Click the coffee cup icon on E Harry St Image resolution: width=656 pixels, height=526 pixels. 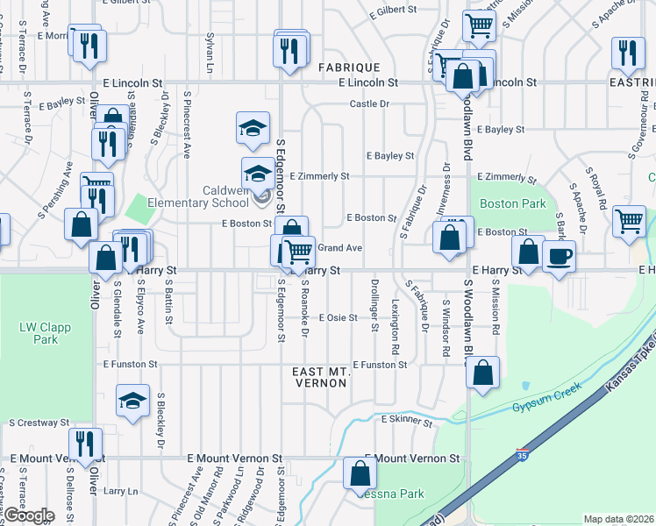(560, 257)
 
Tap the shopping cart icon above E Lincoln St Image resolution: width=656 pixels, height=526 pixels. (480, 26)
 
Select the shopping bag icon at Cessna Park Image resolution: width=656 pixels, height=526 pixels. (360, 474)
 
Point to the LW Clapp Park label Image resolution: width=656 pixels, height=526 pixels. (45, 333)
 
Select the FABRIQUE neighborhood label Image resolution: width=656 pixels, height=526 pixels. (348, 67)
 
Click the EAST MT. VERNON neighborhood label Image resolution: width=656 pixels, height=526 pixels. (321, 378)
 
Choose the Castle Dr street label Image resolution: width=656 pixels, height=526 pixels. (369, 103)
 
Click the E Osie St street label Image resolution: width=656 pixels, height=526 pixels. (338, 317)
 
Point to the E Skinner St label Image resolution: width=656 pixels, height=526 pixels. (407, 420)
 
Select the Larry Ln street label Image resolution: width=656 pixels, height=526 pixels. (120, 492)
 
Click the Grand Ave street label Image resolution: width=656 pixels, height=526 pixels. (339, 248)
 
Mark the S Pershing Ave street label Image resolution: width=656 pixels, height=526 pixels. (52, 199)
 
